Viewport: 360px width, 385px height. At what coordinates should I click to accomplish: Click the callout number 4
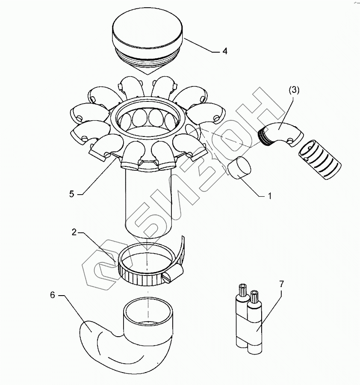[224, 51]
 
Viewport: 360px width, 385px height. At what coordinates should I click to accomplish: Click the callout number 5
[72, 193]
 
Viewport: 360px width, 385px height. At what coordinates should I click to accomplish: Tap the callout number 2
[74, 232]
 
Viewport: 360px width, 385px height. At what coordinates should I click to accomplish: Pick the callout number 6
[53, 295]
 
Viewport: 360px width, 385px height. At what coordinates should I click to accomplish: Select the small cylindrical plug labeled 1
[240, 167]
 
